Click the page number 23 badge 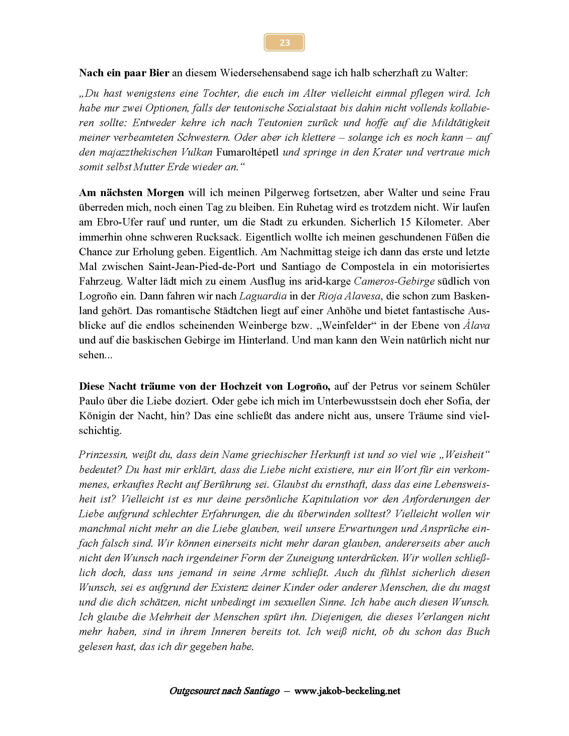(284, 42)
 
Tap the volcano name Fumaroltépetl (247, 152)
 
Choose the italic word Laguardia (263, 296)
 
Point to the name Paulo (91, 401)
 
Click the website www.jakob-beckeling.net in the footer (347, 691)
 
